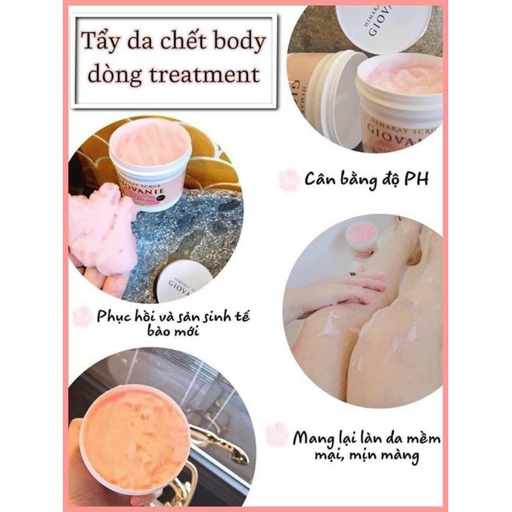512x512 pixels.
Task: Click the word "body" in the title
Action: point(239,42)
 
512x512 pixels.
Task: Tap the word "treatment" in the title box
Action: point(205,75)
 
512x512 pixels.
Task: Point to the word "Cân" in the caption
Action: point(319,178)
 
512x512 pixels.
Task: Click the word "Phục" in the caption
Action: point(113,316)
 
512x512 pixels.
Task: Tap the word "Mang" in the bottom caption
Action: point(312,438)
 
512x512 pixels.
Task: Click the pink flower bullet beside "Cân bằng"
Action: point(289,180)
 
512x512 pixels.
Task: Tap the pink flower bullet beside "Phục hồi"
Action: point(82,317)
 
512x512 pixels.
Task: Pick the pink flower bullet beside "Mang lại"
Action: point(277,434)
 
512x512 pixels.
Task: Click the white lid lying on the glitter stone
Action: point(183,280)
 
